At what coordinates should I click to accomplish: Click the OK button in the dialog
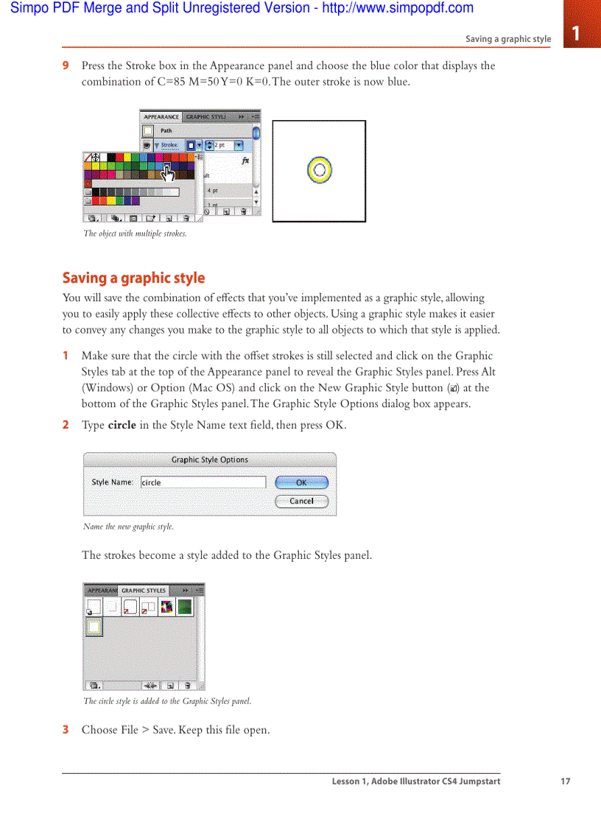coord(301,483)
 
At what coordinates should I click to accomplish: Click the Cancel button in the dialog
coord(301,502)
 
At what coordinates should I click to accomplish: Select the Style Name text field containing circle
coord(203,482)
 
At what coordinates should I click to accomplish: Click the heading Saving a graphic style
coord(133,278)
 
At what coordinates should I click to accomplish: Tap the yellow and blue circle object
coord(319,170)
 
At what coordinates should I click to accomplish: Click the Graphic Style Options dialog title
coord(210,460)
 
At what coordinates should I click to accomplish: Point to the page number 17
coord(565,781)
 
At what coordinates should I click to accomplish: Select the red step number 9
coord(66,66)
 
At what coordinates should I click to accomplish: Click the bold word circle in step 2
coord(122,426)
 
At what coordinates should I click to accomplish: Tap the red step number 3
coord(66,730)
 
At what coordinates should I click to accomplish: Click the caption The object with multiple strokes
coord(135,234)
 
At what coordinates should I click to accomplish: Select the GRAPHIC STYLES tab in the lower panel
coord(144,591)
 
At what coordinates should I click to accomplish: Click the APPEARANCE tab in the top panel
coord(161,117)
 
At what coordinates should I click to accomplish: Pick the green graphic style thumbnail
coord(184,606)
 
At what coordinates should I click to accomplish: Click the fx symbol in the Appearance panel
coord(245,161)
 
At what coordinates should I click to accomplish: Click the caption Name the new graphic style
coord(128,527)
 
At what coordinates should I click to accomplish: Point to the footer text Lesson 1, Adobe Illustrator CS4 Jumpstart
coord(415,781)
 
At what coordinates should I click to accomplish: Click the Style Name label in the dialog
coord(112,482)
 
